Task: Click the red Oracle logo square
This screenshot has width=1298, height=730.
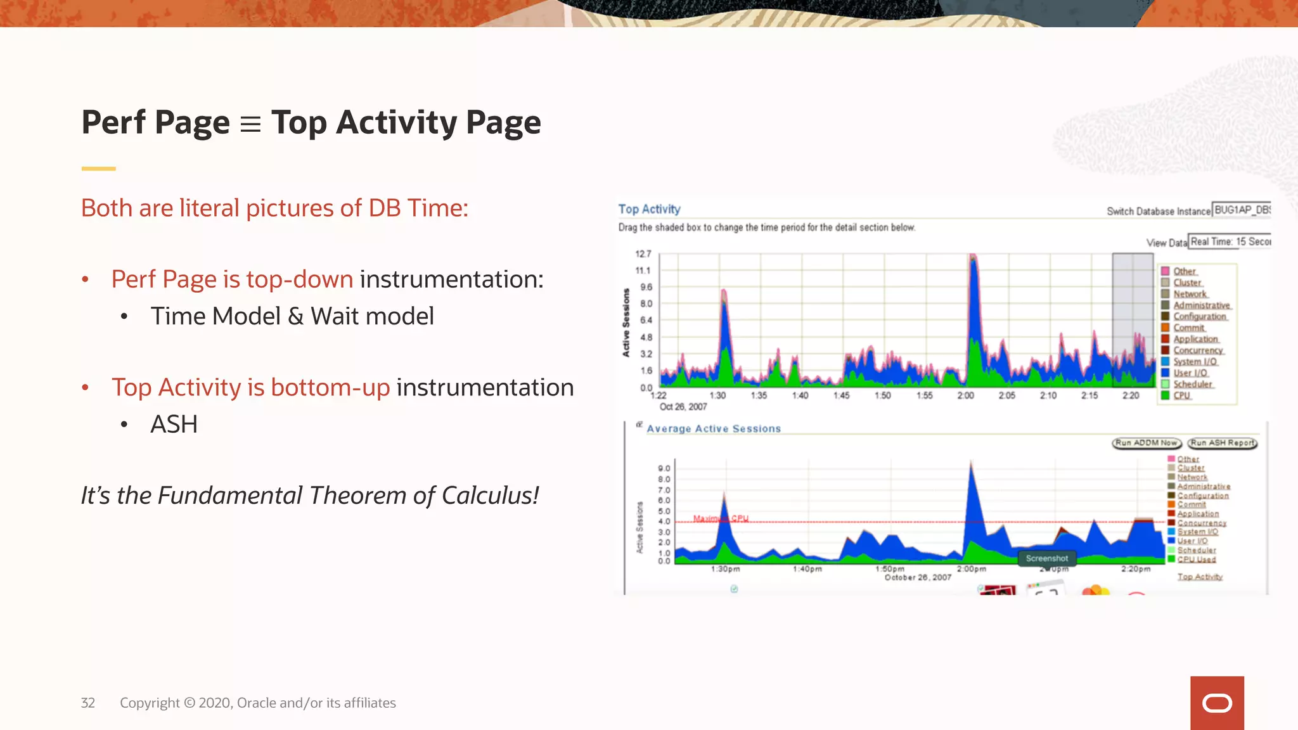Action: pos(1216,703)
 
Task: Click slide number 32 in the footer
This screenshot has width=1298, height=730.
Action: pos(87,703)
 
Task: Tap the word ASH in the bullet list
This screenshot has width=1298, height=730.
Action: pos(174,425)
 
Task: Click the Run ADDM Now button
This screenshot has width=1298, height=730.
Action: pos(1146,443)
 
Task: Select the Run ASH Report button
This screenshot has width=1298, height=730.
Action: pos(1222,443)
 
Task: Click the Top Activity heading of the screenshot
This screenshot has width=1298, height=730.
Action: pos(649,209)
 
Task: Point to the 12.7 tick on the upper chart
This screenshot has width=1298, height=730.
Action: pos(643,254)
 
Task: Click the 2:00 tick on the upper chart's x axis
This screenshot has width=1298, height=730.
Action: pos(965,395)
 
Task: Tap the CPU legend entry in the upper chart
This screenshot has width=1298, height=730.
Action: pos(1182,395)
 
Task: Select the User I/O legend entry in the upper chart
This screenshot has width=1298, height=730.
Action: pos(1190,373)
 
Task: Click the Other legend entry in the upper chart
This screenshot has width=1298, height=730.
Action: pos(1184,271)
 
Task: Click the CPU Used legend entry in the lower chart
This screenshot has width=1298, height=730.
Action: pos(1196,559)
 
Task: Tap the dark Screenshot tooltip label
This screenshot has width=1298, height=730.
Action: pos(1046,558)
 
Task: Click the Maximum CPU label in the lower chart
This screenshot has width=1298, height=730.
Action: pos(721,518)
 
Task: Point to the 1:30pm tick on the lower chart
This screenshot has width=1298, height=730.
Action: pos(725,569)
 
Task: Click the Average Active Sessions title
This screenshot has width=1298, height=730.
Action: pos(714,429)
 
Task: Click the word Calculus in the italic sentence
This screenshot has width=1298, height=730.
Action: pos(490,496)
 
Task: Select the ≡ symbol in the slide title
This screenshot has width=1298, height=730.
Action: pos(250,124)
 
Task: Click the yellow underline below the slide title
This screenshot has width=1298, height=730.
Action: pos(98,169)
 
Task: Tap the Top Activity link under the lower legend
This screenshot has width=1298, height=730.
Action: pos(1199,577)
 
